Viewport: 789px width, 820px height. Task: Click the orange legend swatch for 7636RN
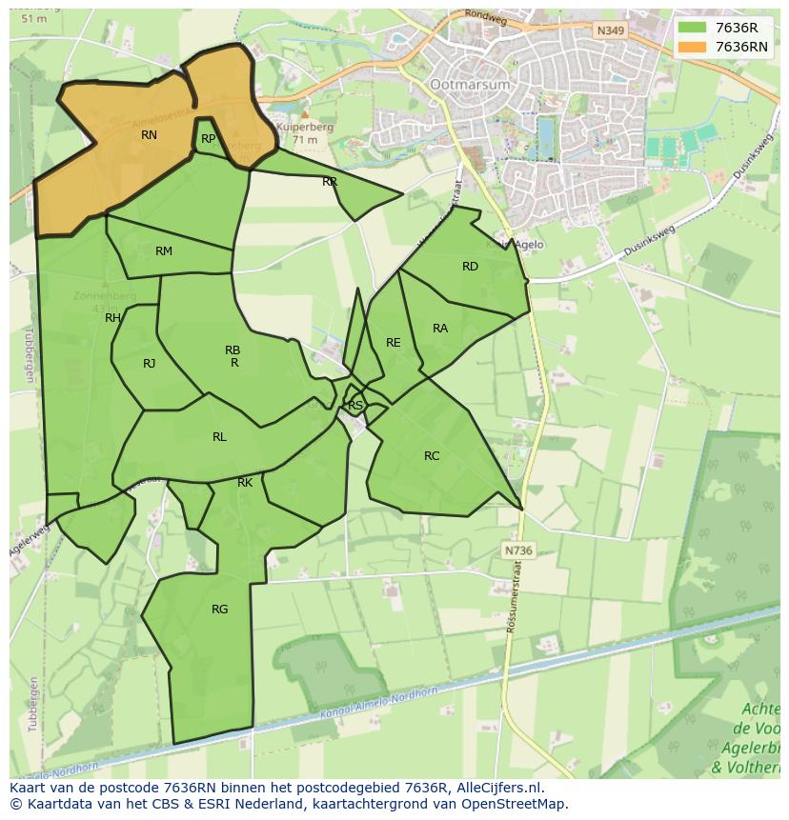(x=693, y=47)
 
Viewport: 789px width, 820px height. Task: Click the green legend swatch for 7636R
(x=693, y=28)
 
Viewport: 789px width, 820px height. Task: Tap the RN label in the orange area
(x=149, y=135)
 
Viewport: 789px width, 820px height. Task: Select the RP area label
(x=208, y=139)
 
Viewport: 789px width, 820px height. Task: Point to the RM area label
(x=164, y=251)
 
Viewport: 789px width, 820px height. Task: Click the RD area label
(x=470, y=267)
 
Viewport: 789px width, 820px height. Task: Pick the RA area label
(x=440, y=329)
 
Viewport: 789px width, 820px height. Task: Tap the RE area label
(x=394, y=343)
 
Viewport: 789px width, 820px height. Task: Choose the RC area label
(x=432, y=456)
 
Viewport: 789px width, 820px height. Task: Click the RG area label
(x=220, y=610)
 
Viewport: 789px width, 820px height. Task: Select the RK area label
(x=245, y=483)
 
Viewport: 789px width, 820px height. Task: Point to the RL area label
(x=219, y=437)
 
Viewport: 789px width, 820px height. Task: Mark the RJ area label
(x=150, y=364)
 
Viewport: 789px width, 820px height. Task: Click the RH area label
(x=112, y=318)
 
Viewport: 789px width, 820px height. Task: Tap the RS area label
(x=355, y=406)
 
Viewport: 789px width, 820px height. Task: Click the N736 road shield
(x=517, y=550)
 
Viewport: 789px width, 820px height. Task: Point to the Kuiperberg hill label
(x=301, y=126)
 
